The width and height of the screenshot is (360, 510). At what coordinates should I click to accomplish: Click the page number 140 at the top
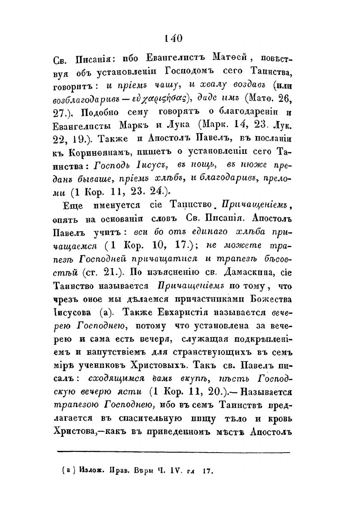point(173,39)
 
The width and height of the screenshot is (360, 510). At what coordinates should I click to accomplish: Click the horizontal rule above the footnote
point(174,451)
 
